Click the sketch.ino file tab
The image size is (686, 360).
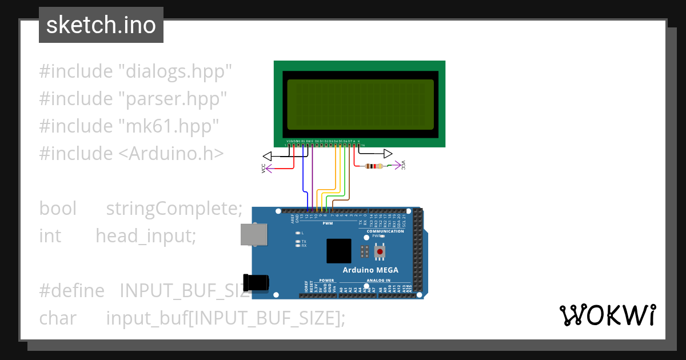101,25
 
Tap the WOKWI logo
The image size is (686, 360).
607,315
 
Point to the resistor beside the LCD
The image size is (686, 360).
374,166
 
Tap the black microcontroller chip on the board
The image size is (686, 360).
339,251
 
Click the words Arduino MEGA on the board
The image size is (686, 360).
370,270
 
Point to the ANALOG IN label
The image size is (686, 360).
376,281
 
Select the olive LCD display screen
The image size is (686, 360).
360,105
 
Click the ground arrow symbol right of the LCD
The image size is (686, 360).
388,154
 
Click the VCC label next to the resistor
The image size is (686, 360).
404,165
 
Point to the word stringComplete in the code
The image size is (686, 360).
174,209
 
